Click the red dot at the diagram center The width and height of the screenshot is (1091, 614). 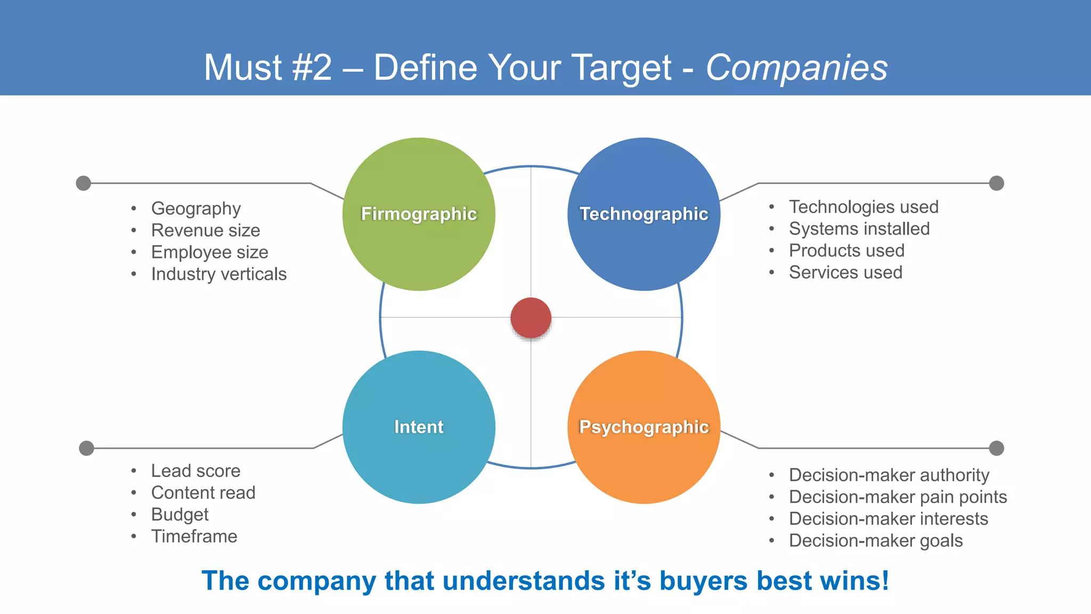pos(531,318)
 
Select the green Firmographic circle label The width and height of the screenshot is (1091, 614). pos(419,214)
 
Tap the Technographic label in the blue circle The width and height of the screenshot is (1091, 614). pos(644,214)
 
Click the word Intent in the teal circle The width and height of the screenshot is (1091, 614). pos(419,427)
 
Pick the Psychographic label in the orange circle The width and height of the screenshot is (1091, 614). pos(644,427)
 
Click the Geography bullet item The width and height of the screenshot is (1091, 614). pos(196,208)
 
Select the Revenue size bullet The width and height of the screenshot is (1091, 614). pos(206,230)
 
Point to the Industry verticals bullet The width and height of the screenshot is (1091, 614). pos(218,274)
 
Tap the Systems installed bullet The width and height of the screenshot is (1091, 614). pos(859,229)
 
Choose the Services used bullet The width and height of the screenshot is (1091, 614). pos(845,272)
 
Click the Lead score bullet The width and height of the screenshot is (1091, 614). pos(196,471)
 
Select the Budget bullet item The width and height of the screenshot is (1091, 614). pos(180,514)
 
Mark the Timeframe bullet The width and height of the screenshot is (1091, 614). pos(194,536)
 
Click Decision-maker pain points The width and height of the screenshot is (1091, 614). pos(898,497)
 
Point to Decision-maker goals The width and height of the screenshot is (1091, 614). pos(875,540)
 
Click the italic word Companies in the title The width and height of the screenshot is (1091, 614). pos(796,68)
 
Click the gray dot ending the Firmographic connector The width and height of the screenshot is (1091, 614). pos(84,183)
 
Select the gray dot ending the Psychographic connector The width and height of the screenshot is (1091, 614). pos(996,448)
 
